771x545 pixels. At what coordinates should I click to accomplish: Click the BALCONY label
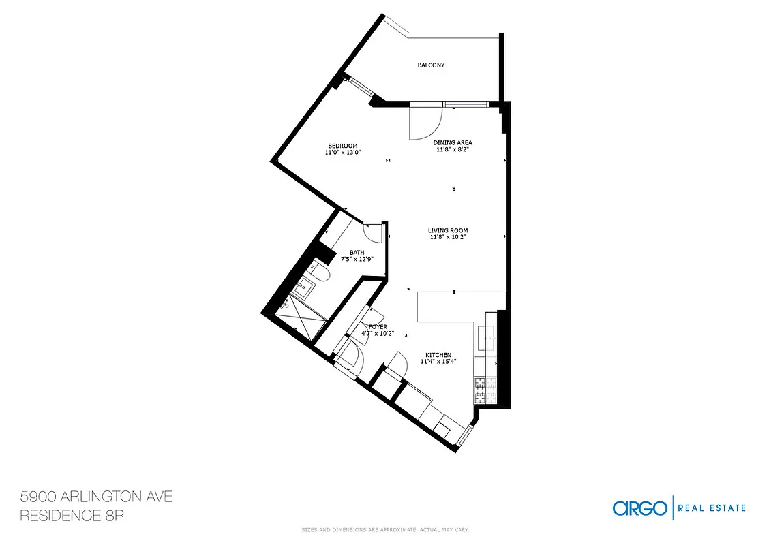pyautogui.click(x=431, y=65)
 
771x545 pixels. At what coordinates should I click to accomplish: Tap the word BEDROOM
pyautogui.click(x=342, y=146)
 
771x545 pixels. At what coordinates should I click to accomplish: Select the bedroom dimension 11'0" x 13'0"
pyautogui.click(x=342, y=153)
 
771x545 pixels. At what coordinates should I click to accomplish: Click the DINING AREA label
pyautogui.click(x=453, y=142)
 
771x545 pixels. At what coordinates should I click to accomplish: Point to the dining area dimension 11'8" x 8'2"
pyautogui.click(x=453, y=149)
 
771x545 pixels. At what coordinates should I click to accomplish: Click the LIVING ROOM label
pyautogui.click(x=448, y=230)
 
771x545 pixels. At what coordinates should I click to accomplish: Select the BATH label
pyautogui.click(x=357, y=253)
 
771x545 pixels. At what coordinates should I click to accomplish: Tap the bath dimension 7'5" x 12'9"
pyautogui.click(x=357, y=259)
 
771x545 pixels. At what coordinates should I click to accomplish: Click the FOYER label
pyautogui.click(x=378, y=327)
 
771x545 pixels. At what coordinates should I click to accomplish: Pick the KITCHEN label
pyautogui.click(x=438, y=355)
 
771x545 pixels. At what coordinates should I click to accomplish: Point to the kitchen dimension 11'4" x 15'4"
pyautogui.click(x=438, y=362)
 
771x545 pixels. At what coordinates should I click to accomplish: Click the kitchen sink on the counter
pyautogui.click(x=489, y=334)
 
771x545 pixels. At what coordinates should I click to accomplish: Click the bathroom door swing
pyautogui.click(x=373, y=232)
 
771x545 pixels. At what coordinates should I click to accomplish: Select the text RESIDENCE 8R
pyautogui.click(x=72, y=516)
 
